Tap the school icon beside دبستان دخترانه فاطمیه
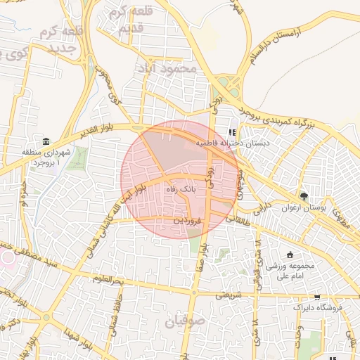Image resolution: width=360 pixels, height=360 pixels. pos(233,132)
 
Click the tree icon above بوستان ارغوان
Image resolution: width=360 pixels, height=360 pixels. pos(304,196)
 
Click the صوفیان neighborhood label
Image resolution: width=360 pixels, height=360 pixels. pos(187,321)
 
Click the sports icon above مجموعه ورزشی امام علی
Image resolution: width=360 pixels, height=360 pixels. pos(290,255)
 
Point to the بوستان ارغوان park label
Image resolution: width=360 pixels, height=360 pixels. pos(305,207)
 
